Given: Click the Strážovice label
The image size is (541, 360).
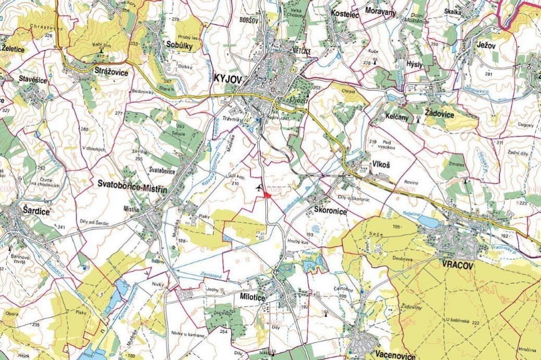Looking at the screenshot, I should tap(111, 73).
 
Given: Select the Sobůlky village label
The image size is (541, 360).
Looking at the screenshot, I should tap(179, 46).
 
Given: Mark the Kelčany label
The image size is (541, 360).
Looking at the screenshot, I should tap(397, 117).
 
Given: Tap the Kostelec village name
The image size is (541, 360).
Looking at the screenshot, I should tap(345, 15).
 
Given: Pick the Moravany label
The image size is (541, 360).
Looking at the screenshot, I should tap(380, 11).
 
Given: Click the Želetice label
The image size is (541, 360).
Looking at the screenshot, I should tap(13, 49).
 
